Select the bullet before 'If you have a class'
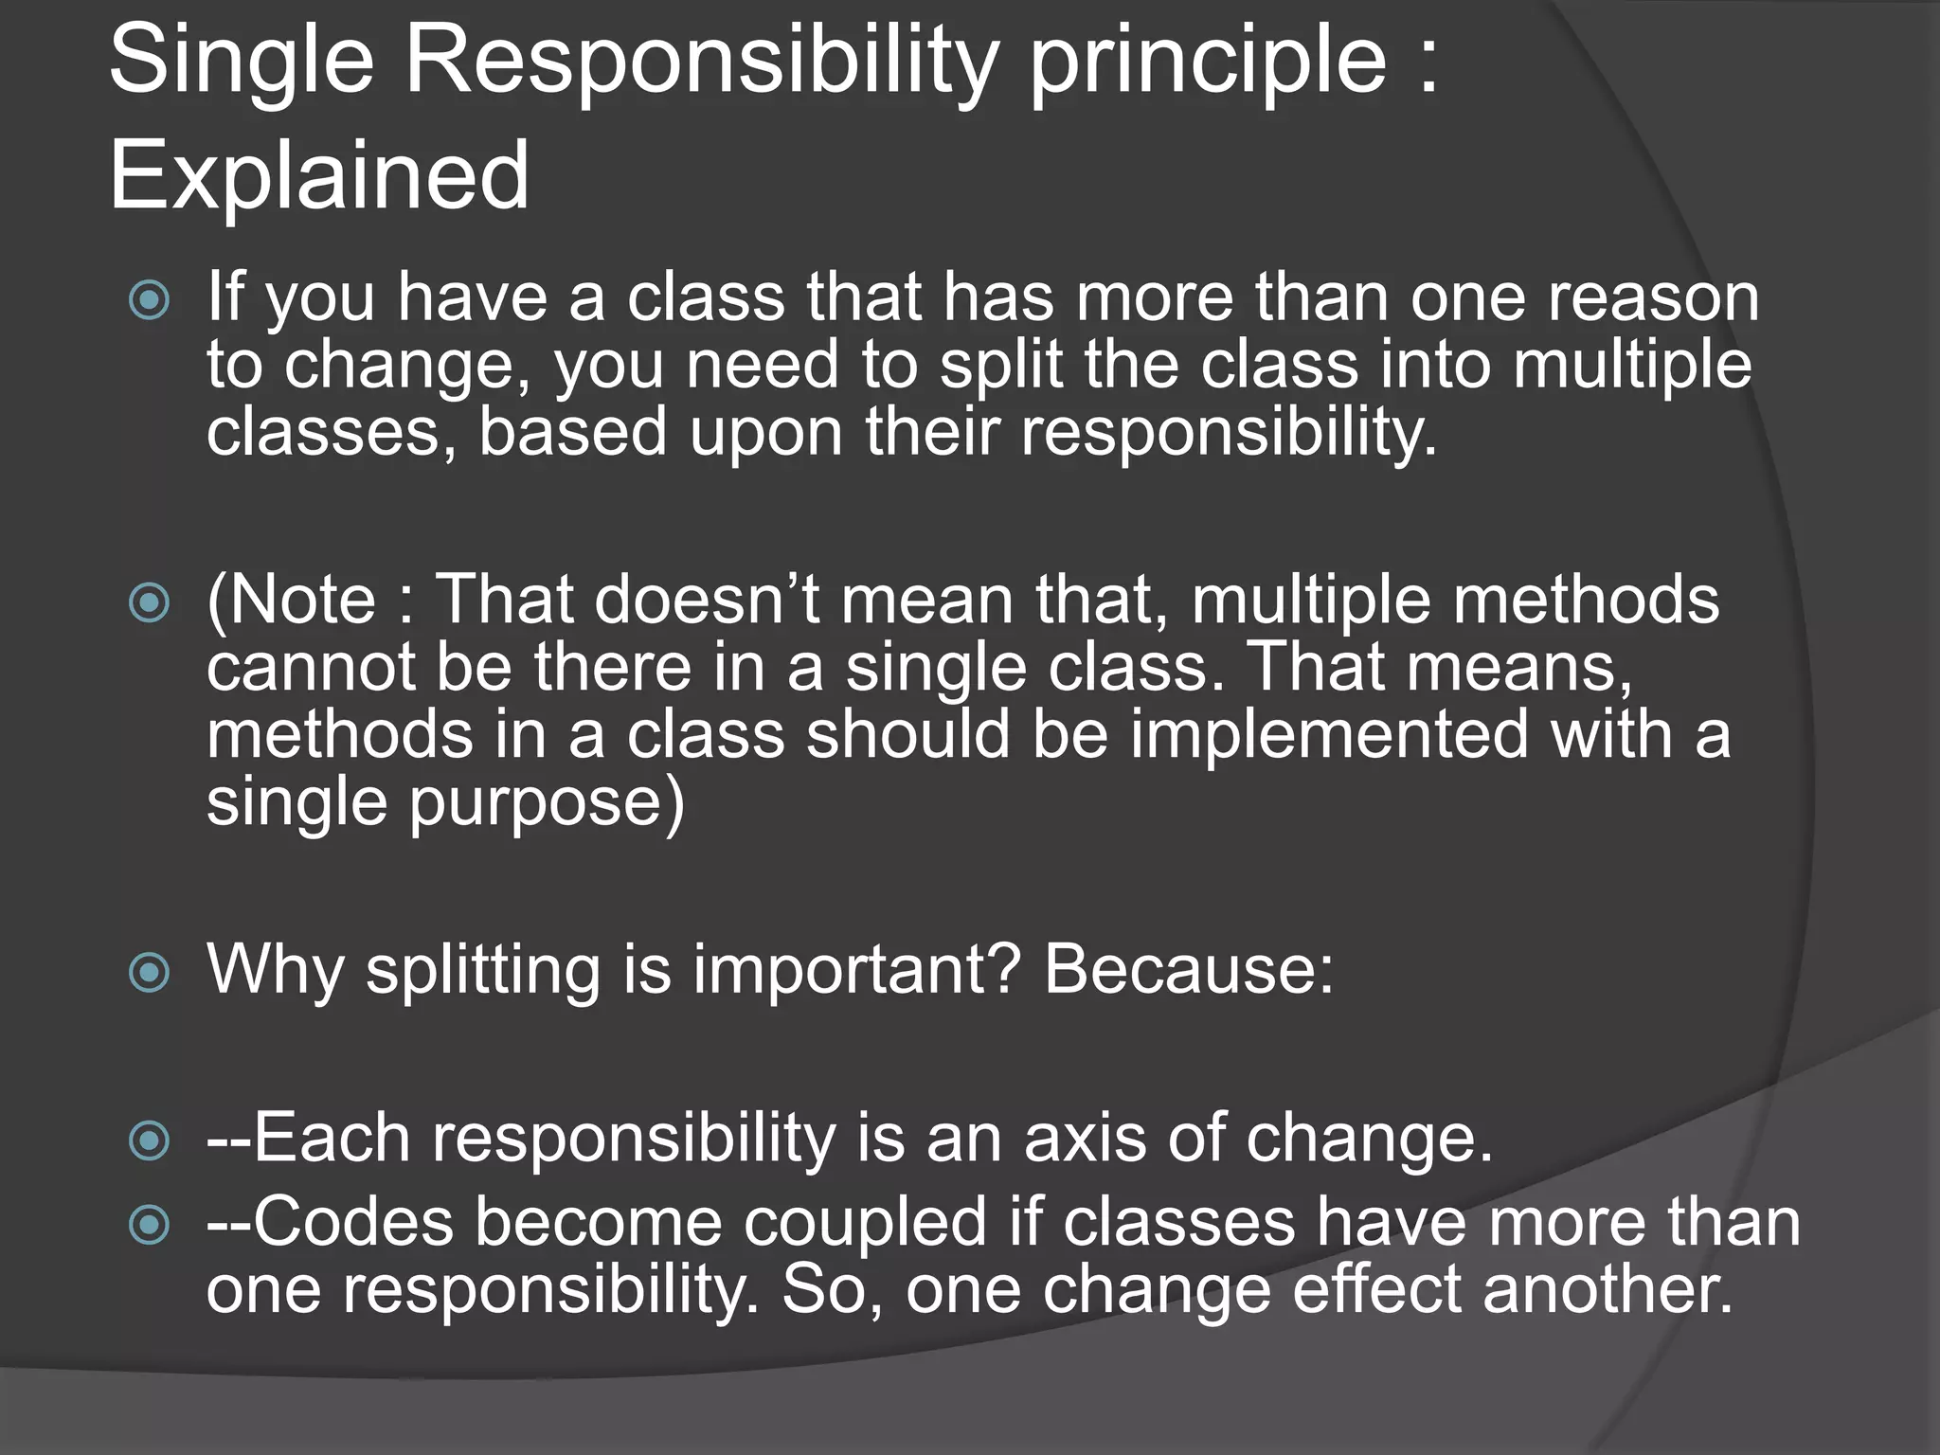149,301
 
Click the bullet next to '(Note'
149,603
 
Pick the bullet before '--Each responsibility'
149,1141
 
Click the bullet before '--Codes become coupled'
149,1226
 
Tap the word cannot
310,668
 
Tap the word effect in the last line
1376,1290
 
